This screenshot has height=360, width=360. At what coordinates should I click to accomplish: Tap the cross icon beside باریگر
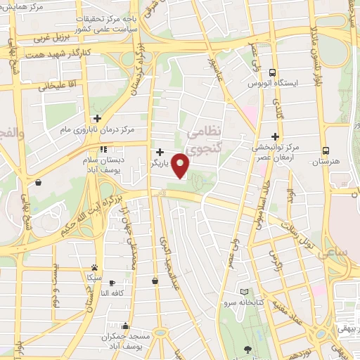[160, 151]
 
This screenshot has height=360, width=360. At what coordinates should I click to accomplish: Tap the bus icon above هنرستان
[325, 150]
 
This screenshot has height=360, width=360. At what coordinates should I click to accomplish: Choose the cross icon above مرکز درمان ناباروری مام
[97, 118]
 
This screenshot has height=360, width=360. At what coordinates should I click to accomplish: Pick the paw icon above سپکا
[94, 268]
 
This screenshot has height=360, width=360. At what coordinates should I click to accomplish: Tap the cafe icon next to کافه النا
[112, 282]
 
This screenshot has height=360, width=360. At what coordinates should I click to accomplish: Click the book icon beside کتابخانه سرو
[245, 292]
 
